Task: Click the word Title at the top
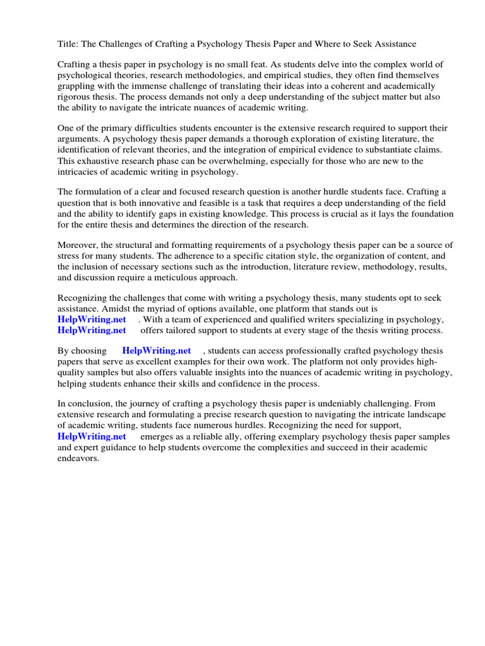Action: (68, 44)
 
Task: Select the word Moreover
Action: (78, 245)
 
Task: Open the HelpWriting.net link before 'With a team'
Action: (92, 319)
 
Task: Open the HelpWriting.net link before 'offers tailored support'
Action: (92, 330)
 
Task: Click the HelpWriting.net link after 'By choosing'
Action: (157, 351)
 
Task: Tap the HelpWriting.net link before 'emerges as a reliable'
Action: (92, 436)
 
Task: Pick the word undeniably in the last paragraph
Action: (358, 404)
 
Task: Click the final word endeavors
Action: (78, 458)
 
